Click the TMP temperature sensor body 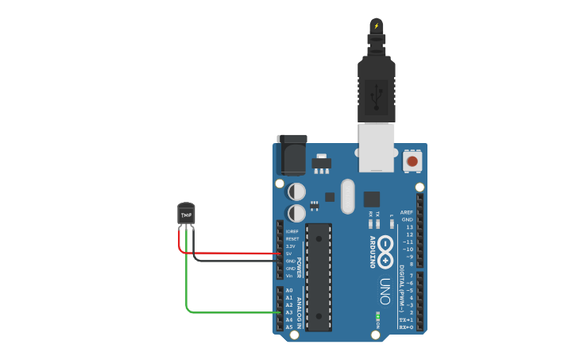pos(186,214)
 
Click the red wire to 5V pos(230,254)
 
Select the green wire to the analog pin pos(230,312)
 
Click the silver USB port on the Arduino pos(376,146)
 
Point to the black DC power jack pos(291,154)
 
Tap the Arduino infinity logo pos(385,252)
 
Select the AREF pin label pos(407,213)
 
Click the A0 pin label pos(289,291)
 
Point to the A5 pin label pos(289,327)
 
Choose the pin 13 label pos(409,227)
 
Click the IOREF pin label pos(292,231)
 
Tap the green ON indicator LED pos(377,316)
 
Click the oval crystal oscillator pos(347,196)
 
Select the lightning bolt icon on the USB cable pos(377,26)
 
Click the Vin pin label pos(290,276)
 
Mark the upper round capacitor pos(296,192)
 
